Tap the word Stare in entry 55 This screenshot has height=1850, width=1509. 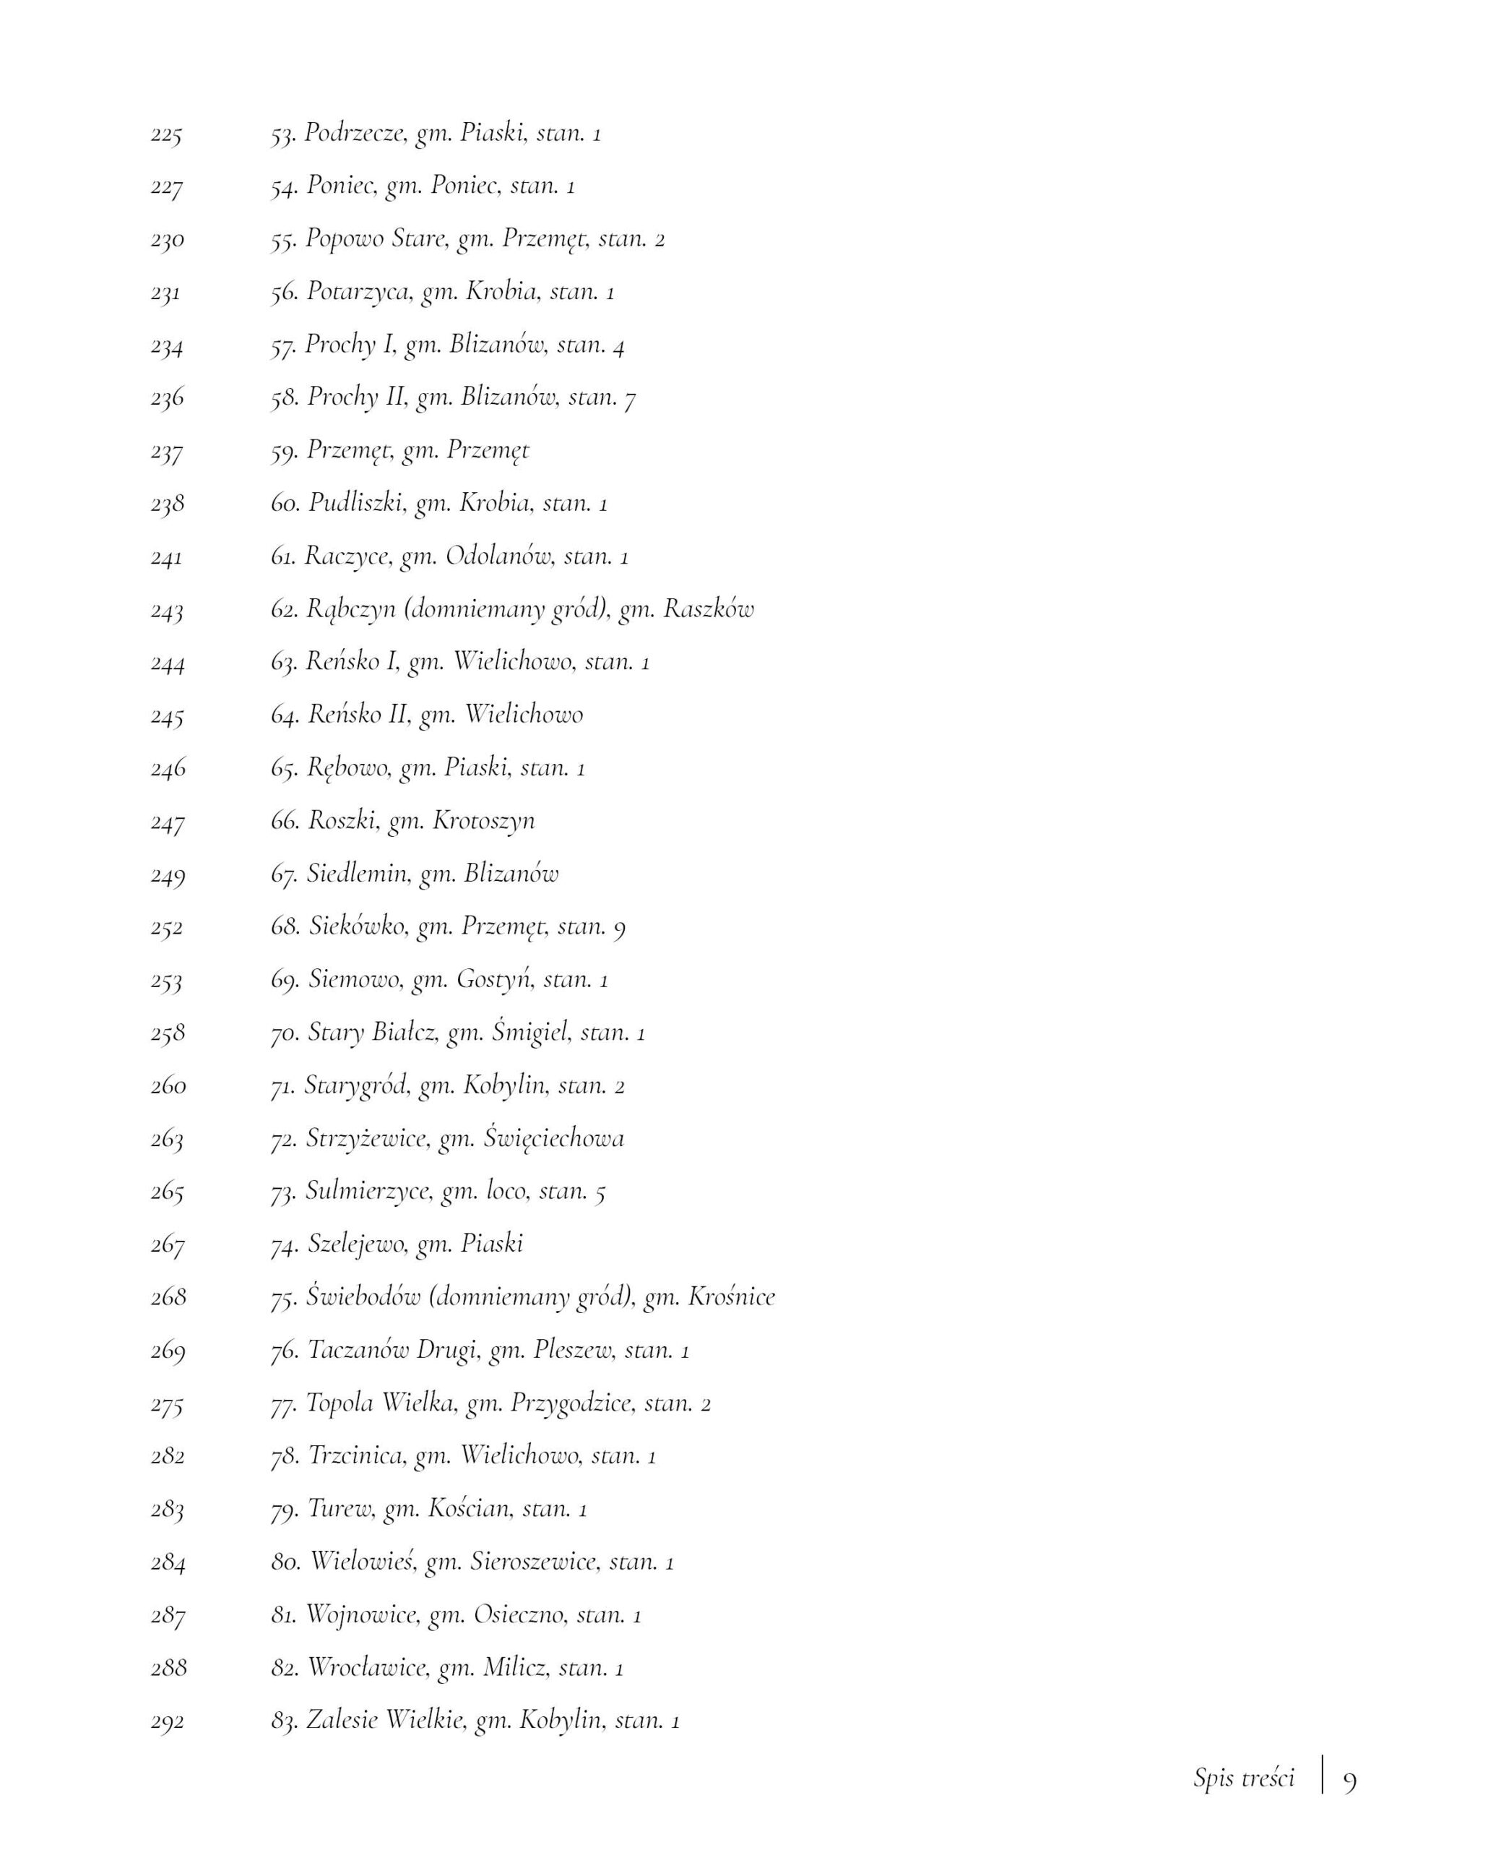[419, 238]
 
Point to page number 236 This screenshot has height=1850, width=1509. [167, 398]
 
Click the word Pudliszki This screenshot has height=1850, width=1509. [356, 502]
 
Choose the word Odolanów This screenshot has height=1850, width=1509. [499, 556]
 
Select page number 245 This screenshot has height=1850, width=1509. [167, 716]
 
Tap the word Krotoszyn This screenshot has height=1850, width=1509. [483, 821]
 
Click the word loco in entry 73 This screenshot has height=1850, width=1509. [507, 1190]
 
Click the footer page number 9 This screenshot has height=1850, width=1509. [1349, 1781]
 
